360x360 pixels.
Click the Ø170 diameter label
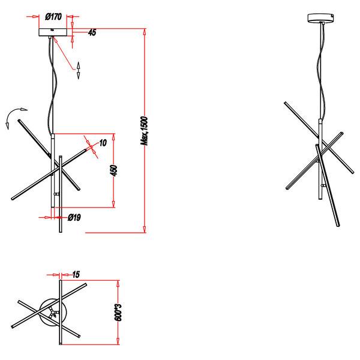[x=54, y=17]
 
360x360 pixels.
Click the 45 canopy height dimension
[x=92, y=33]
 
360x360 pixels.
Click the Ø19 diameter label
[x=74, y=218]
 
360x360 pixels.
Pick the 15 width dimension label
[x=76, y=274]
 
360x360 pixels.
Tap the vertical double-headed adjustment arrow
[x=78, y=70]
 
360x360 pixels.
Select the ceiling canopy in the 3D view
[x=323, y=18]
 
